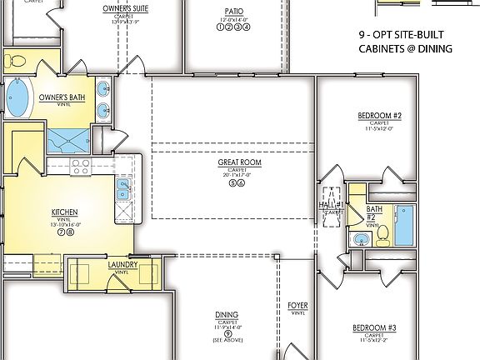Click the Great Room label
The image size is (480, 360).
click(x=239, y=162)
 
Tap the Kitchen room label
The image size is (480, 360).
click(x=64, y=212)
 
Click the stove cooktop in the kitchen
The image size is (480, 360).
click(x=81, y=165)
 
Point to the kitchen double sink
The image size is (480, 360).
click(x=122, y=188)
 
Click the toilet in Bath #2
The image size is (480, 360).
click(x=381, y=237)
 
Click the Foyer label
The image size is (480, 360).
click(x=297, y=306)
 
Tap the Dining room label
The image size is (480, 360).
click(x=227, y=315)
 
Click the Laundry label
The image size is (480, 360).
click(x=122, y=266)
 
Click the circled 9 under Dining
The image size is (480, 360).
click(x=227, y=333)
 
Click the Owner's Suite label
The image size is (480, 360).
click(x=127, y=7)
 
